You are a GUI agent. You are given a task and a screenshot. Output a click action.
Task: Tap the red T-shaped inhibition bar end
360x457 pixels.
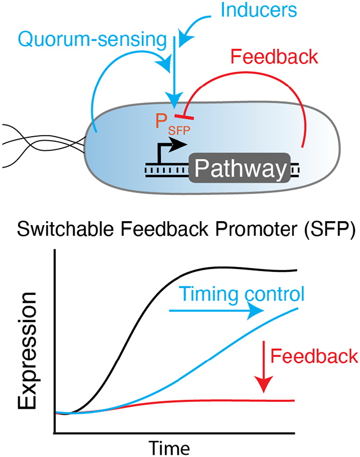coord(181,117)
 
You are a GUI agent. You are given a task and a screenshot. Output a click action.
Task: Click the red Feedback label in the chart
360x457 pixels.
coord(314,356)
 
